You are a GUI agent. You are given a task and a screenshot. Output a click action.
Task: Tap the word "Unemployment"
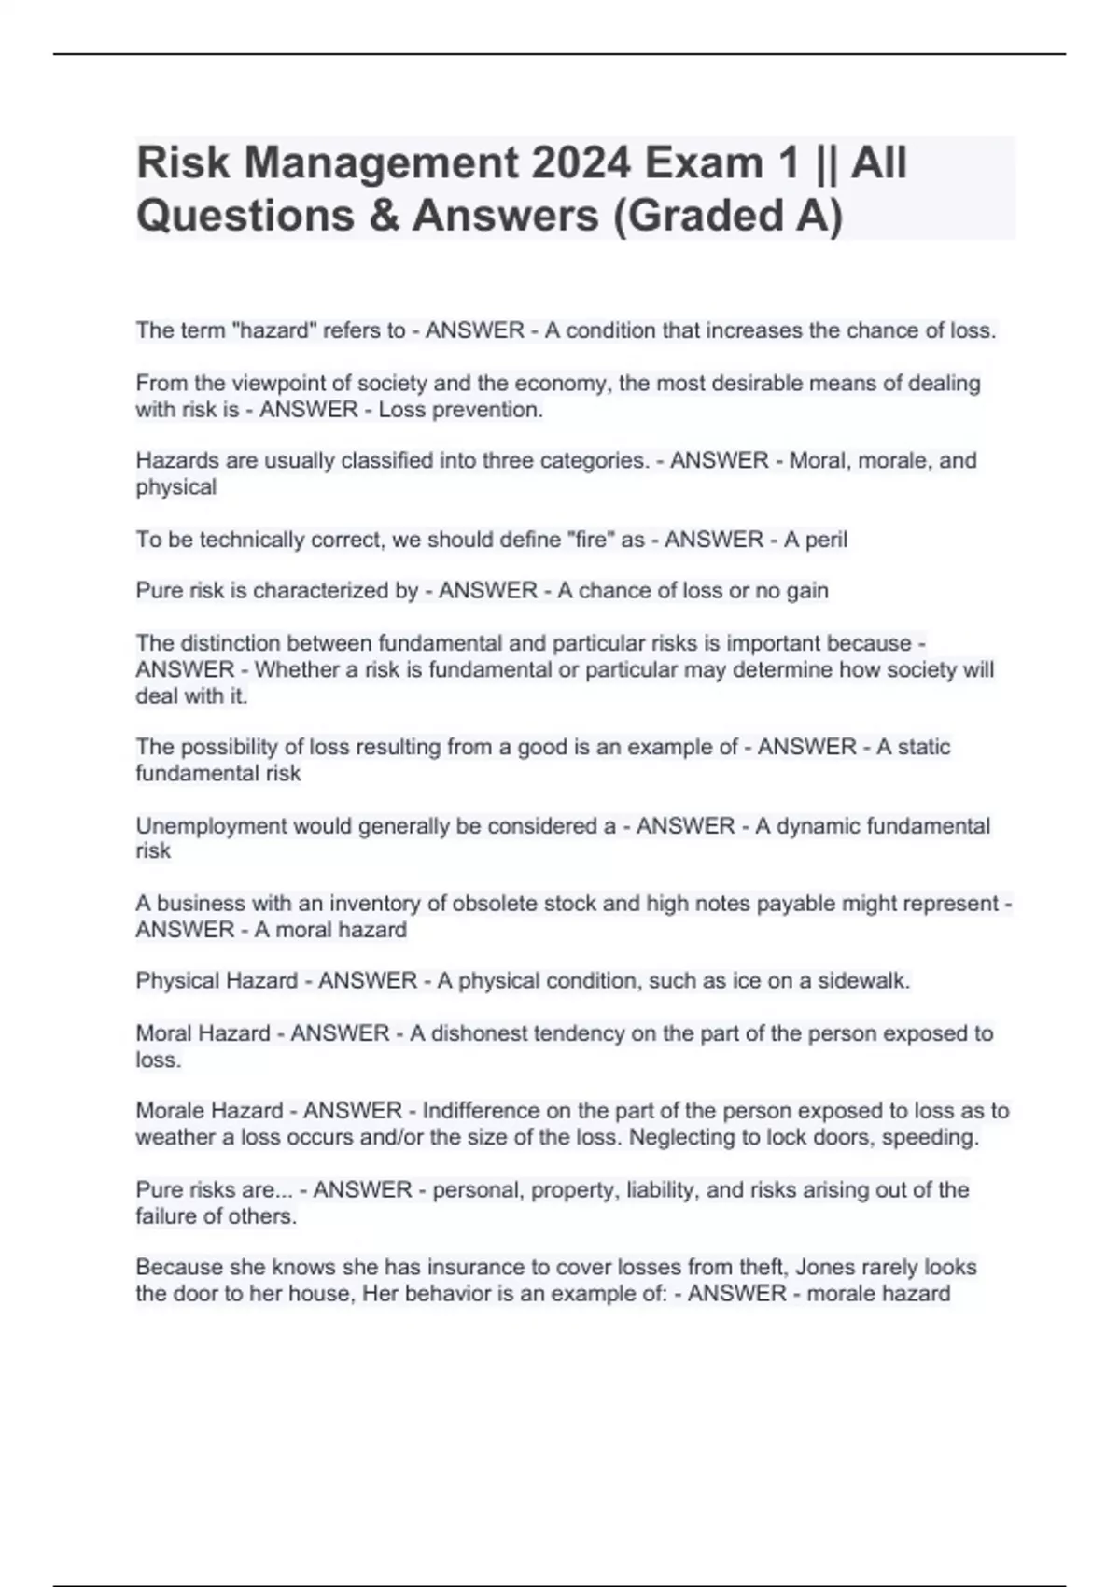211,826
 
